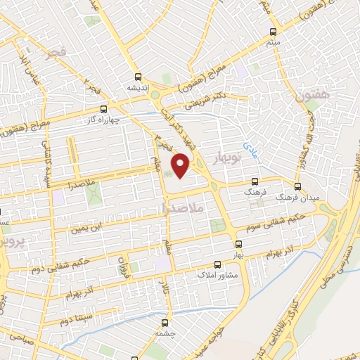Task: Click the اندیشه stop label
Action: pos(138,87)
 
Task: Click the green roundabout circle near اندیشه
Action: pos(155,94)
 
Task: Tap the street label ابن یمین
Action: pos(89,226)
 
